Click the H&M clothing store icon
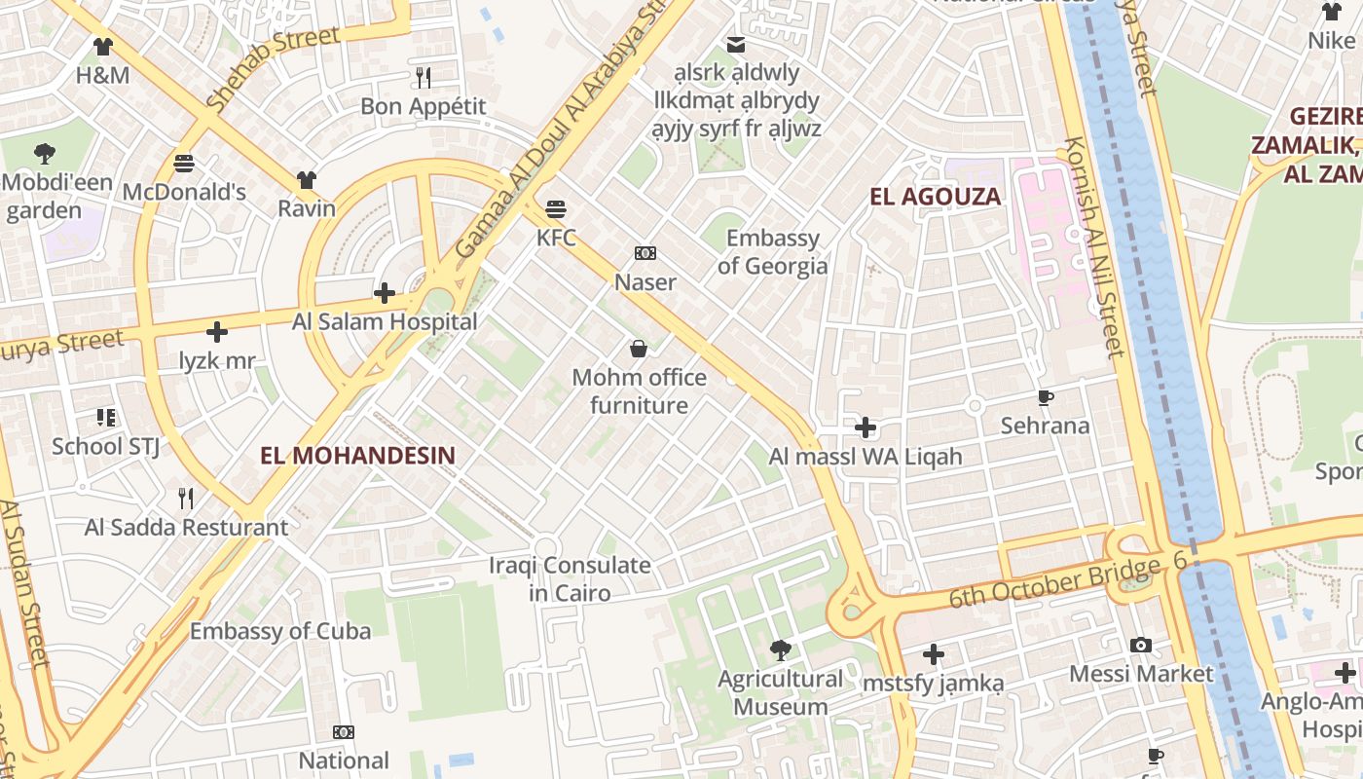(103, 46)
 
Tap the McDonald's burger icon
(184, 163)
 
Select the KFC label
(556, 238)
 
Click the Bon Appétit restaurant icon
(424, 77)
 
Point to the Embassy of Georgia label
(773, 252)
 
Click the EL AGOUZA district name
(935, 197)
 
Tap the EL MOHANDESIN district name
(357, 455)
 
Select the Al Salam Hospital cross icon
(385, 293)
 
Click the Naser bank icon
(645, 253)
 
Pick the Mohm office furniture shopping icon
(639, 349)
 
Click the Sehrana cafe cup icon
(1046, 397)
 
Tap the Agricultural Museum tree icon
(780, 649)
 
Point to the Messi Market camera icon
(1141, 645)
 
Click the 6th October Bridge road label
(1054, 581)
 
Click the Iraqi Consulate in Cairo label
(570, 579)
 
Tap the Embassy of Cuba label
(279, 631)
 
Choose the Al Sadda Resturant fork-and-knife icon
(186, 499)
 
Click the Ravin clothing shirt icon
(307, 180)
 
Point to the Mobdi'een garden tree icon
(44, 153)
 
